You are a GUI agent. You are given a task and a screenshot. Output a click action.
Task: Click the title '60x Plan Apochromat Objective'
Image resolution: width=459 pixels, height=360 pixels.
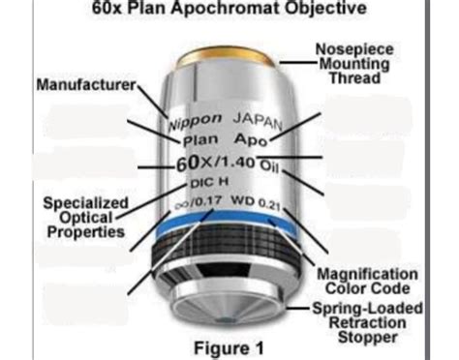tap(230, 10)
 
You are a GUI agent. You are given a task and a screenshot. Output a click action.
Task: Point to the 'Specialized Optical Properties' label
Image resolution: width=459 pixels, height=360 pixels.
tap(84, 217)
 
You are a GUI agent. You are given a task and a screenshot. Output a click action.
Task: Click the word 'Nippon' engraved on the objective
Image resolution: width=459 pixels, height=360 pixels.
tap(196, 122)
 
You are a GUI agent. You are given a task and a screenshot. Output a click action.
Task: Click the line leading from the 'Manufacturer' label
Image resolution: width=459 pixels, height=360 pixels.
tap(153, 100)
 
